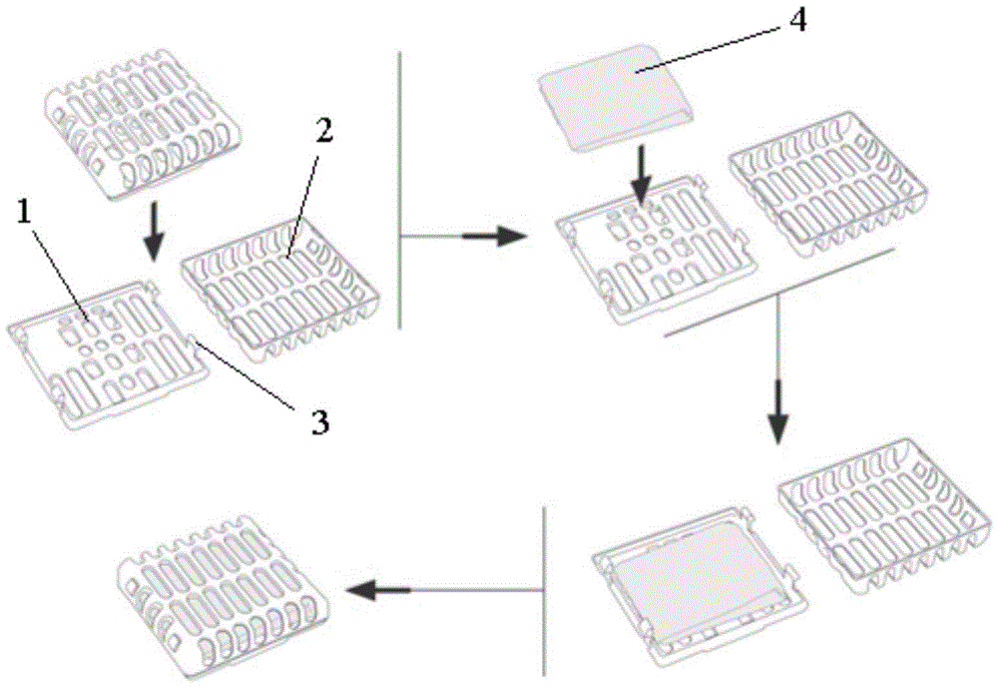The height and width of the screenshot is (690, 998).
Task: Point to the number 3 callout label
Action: coord(317,422)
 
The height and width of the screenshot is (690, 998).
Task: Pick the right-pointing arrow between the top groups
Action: coord(494,237)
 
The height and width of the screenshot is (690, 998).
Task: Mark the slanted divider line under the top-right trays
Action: coord(777,293)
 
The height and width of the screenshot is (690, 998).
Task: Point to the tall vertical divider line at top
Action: coord(399,190)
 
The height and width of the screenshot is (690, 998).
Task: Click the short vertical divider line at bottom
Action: coord(545,589)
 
